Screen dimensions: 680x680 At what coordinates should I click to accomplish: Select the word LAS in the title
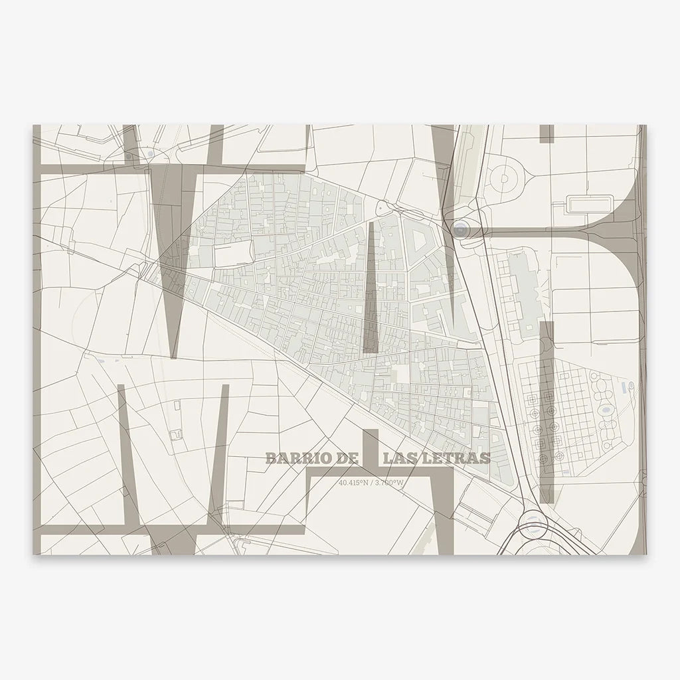pyautogui.click(x=399, y=458)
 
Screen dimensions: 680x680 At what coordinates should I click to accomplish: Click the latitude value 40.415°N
pyautogui.click(x=353, y=483)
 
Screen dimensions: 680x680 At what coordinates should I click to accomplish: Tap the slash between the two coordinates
pyautogui.click(x=372, y=483)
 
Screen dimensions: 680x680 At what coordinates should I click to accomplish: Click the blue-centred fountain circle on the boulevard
pyautogui.click(x=460, y=230)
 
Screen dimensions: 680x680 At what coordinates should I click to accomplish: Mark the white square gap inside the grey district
pyautogui.click(x=402, y=374)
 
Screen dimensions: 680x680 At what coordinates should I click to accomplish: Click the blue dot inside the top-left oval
pyautogui.click(x=151, y=153)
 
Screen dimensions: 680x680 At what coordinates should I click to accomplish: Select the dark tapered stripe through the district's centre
pyautogui.click(x=371, y=286)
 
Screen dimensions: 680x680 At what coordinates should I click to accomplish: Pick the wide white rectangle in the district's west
pyautogui.click(x=232, y=254)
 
